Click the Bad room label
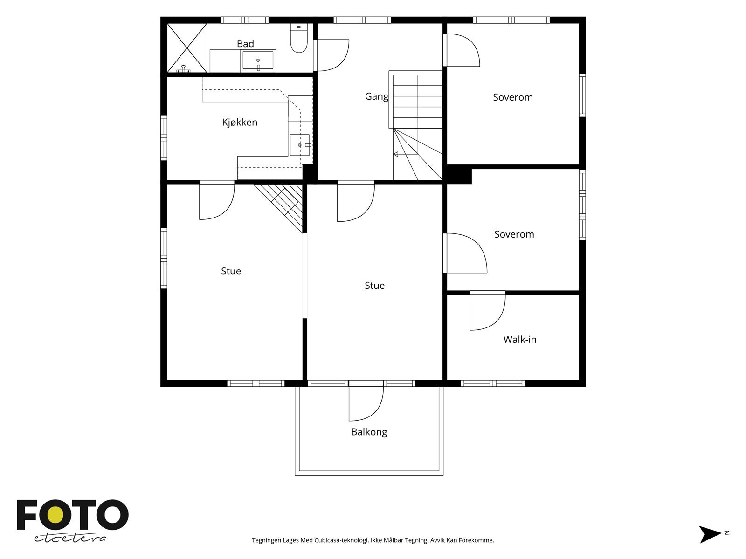(x=245, y=44)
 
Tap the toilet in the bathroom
(x=299, y=38)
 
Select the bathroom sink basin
(x=258, y=61)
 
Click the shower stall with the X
(x=187, y=48)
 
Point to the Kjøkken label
(x=240, y=122)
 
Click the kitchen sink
(x=299, y=145)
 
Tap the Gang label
(x=377, y=97)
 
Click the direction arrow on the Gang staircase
(x=405, y=154)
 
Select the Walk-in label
(x=520, y=340)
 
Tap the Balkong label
(x=369, y=432)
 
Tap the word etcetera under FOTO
(x=69, y=539)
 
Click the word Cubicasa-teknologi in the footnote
(x=342, y=540)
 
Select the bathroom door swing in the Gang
(x=341, y=63)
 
